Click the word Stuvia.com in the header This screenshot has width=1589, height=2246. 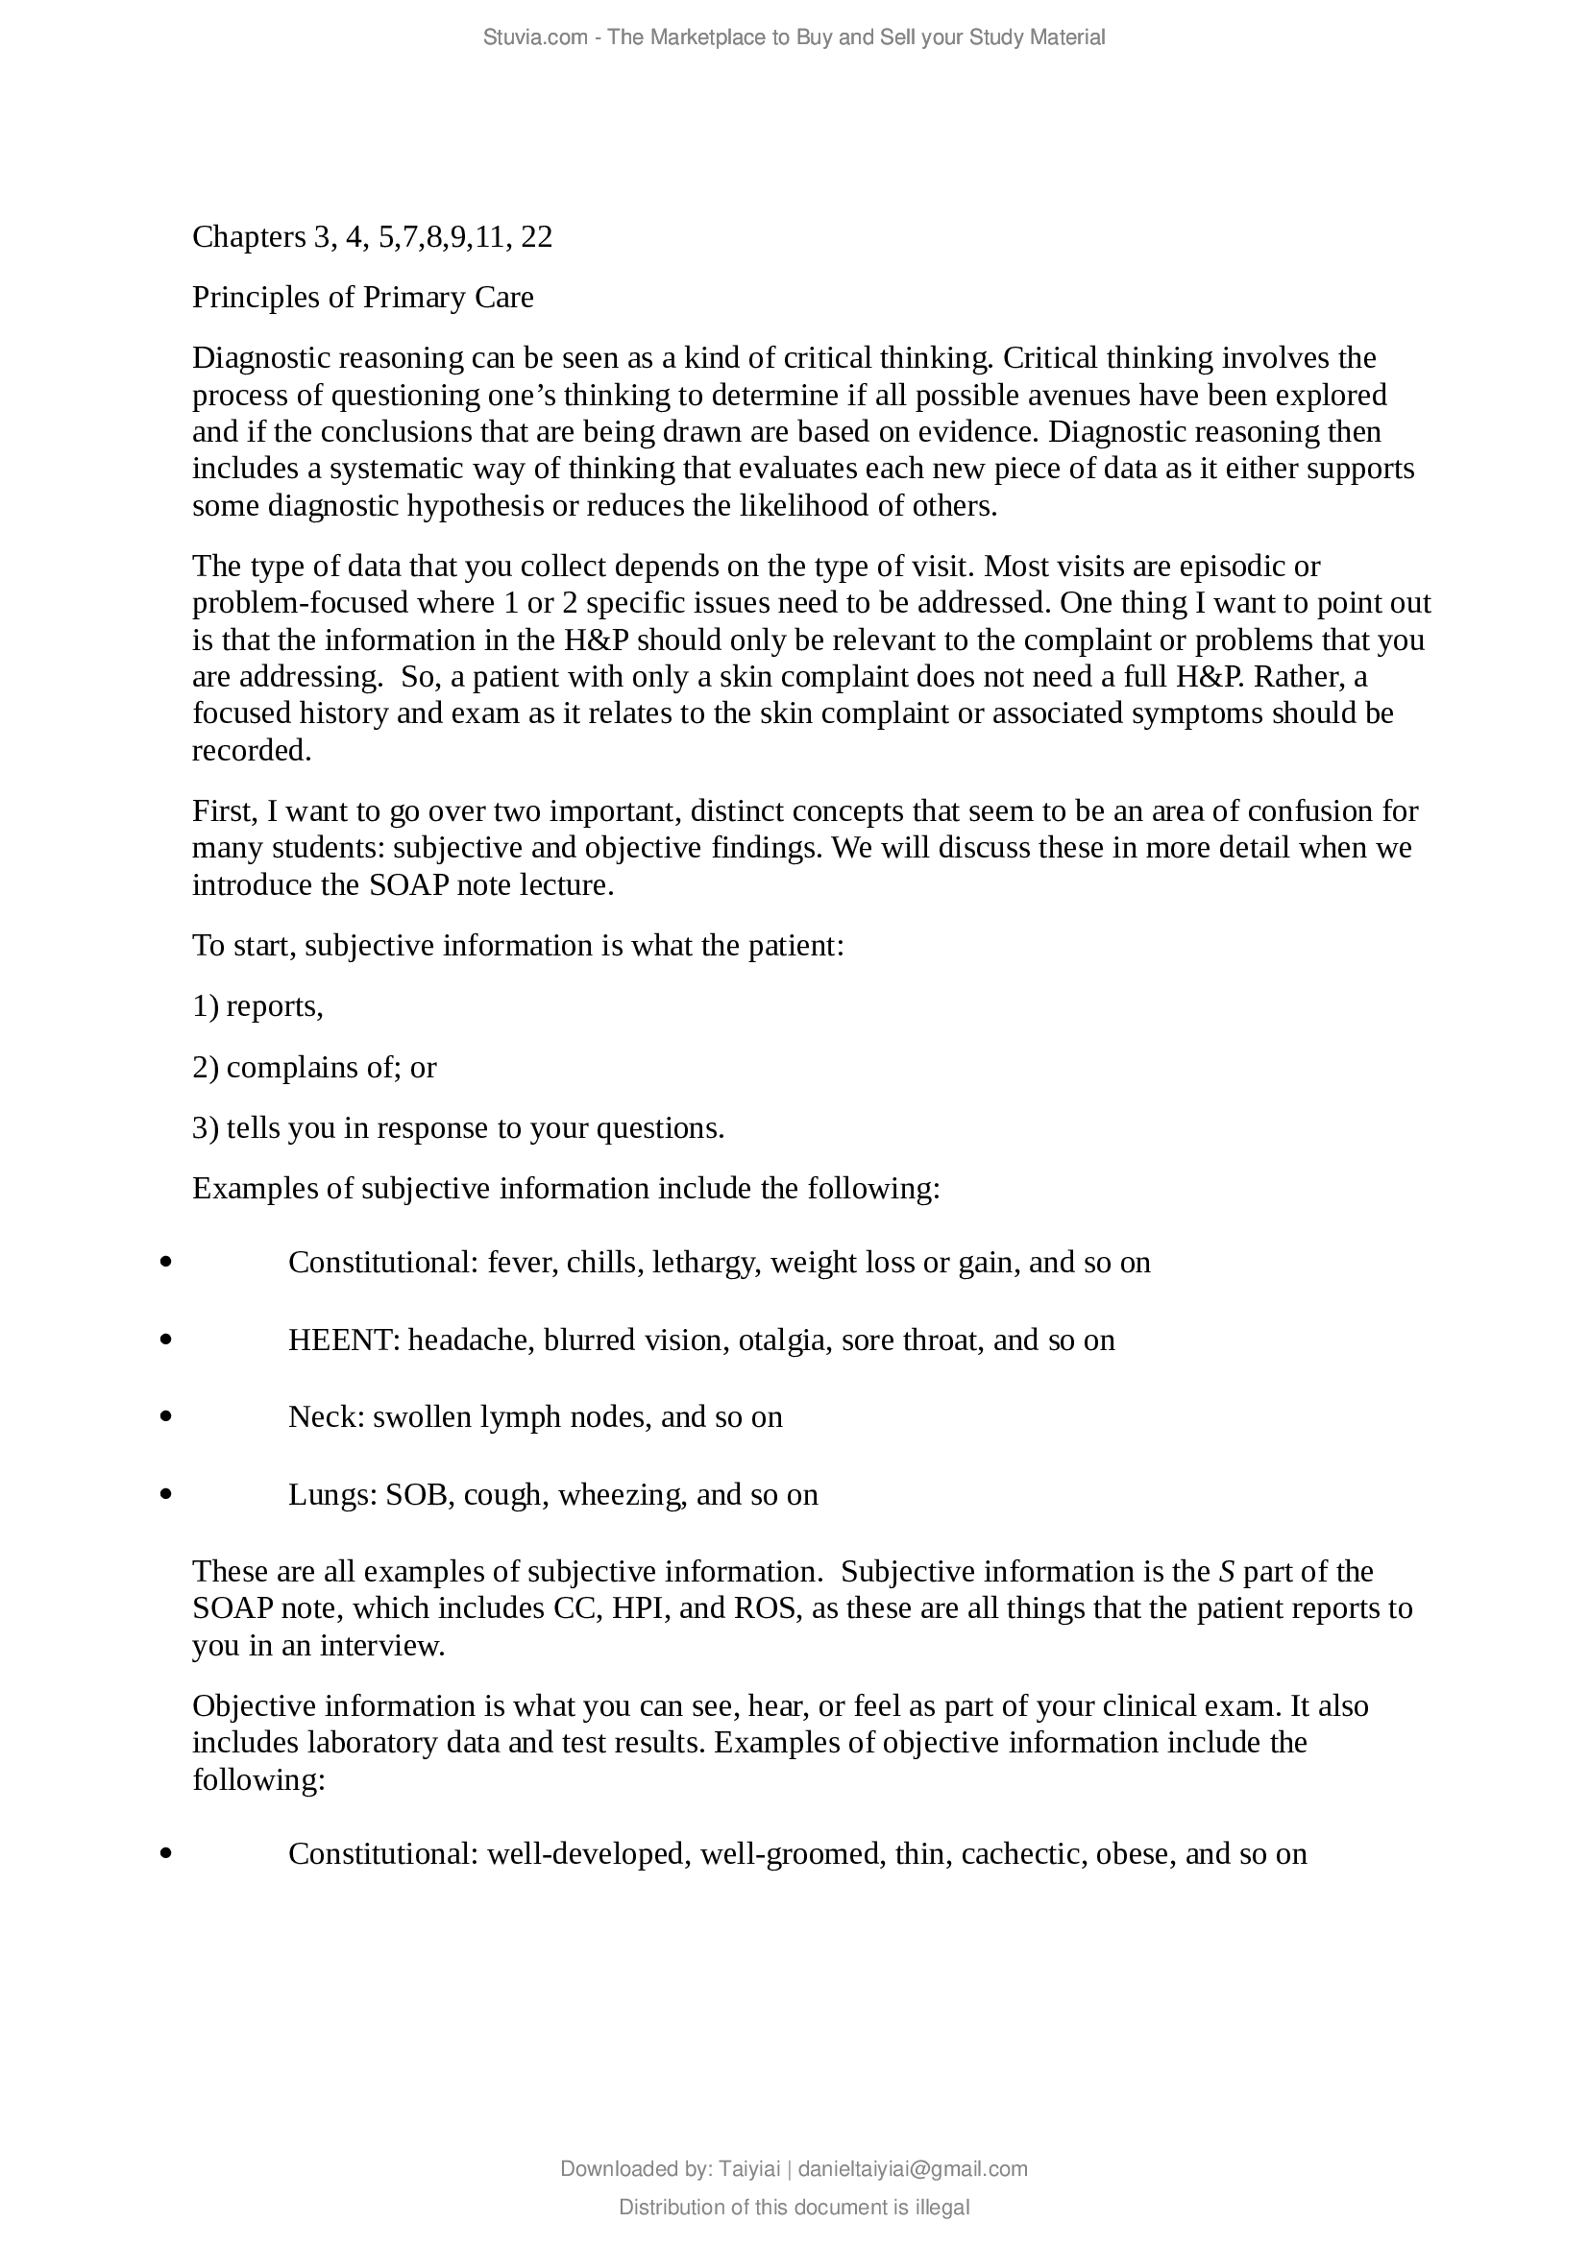pos(534,38)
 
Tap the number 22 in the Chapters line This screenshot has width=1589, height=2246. pos(536,237)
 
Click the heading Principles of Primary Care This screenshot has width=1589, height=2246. pos(363,298)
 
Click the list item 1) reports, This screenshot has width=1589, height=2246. pos(257,1006)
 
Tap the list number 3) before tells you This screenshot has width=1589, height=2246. pos(206,1129)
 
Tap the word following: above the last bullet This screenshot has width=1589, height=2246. pos(258,1779)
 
